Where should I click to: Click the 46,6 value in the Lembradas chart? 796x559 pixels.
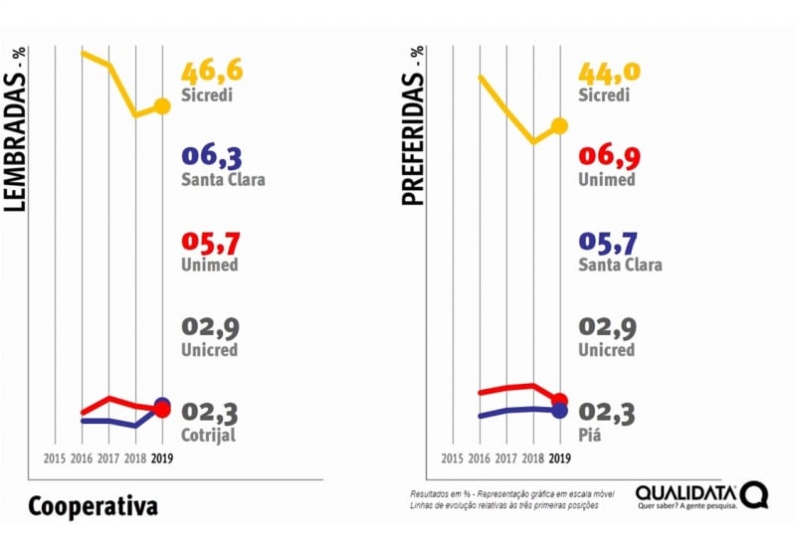[x=212, y=73]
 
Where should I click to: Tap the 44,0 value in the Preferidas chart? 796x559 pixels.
[x=609, y=73]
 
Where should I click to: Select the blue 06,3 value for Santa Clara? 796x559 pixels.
[x=212, y=157]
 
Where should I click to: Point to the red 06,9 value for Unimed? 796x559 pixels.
[x=609, y=157]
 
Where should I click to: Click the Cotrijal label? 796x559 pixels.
[x=209, y=435]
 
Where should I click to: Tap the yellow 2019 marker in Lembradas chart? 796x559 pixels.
[x=162, y=106]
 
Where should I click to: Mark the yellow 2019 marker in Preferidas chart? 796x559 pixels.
[x=559, y=125]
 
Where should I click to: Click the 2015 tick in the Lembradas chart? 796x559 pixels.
[x=55, y=460]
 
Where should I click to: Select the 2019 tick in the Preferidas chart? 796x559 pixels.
[x=559, y=460]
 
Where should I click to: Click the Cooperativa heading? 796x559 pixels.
[x=93, y=506]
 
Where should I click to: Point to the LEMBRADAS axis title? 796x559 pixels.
[x=15, y=129]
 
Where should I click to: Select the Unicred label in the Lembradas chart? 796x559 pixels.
[x=209, y=350]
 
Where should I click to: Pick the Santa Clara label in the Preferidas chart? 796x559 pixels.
[x=619, y=266]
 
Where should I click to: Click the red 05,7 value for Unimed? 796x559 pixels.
[x=212, y=244]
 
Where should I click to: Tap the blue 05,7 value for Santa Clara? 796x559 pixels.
[x=609, y=244]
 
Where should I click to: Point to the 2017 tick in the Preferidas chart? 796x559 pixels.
[x=505, y=460]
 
